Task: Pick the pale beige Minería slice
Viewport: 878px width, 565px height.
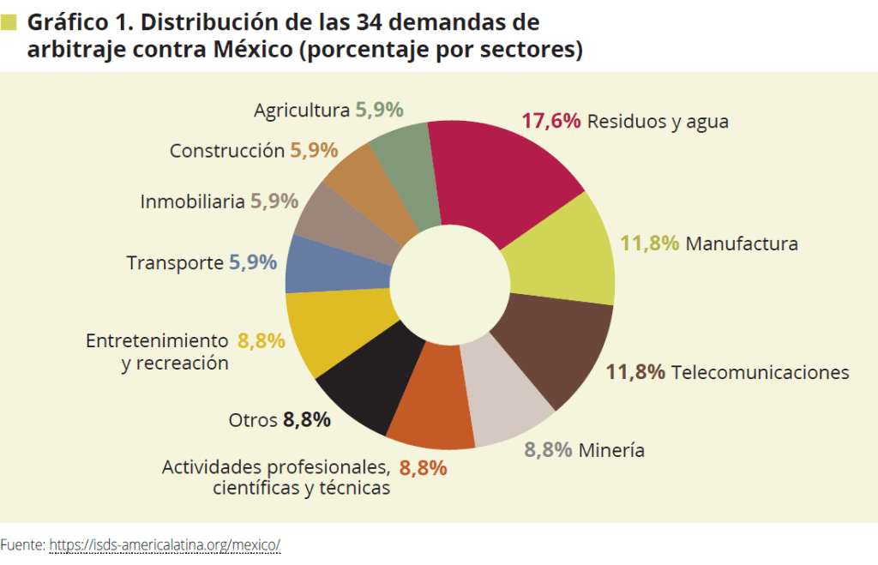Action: click(x=511, y=403)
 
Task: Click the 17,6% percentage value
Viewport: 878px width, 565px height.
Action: click(x=551, y=121)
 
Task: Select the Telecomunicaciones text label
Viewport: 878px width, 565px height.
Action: click(x=761, y=372)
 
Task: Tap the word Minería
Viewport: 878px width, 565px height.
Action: click(x=611, y=450)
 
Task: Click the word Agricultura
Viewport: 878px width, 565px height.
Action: click(x=302, y=111)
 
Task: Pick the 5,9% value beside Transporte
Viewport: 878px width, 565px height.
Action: click(x=253, y=262)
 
